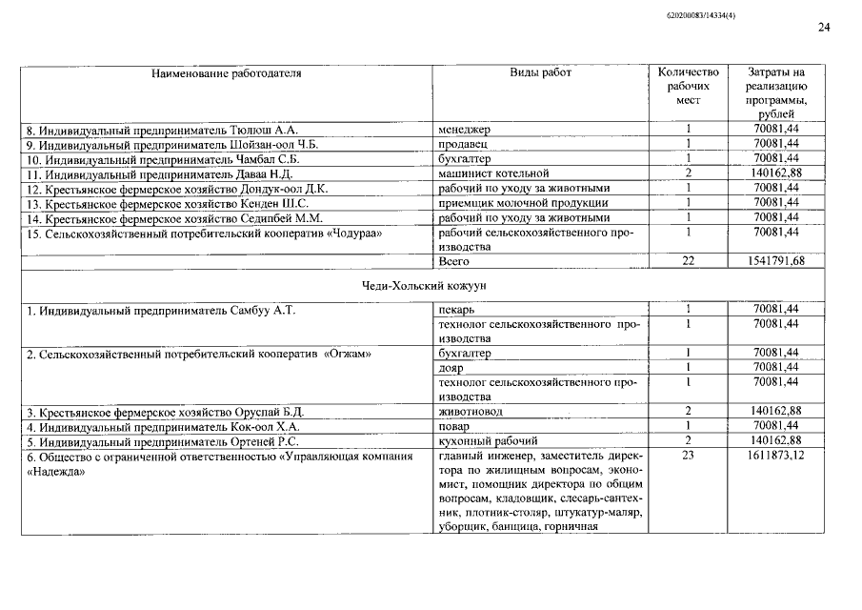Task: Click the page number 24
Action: [x=824, y=28]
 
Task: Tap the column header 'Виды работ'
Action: [x=540, y=73]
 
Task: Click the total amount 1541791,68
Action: [x=775, y=261]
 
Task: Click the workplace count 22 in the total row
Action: [x=688, y=261]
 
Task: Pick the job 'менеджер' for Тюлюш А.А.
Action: [x=464, y=129]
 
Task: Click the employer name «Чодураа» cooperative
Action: [x=200, y=233]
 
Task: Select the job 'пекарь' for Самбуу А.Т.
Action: [x=456, y=310]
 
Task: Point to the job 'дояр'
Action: [x=451, y=368]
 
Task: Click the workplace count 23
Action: [x=688, y=457]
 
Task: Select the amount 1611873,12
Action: [x=775, y=457]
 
